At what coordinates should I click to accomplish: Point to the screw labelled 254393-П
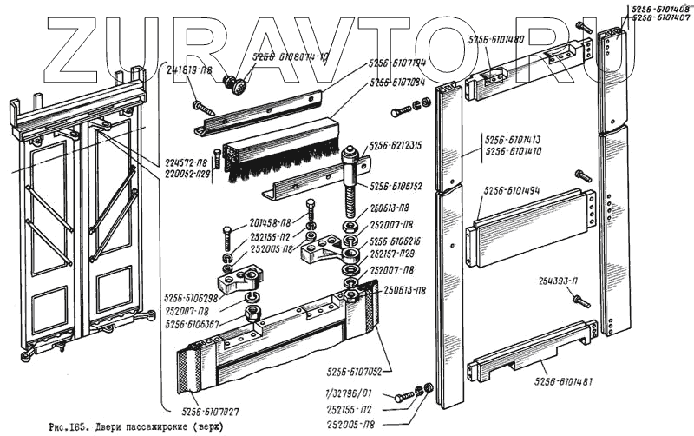[x=581, y=301]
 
